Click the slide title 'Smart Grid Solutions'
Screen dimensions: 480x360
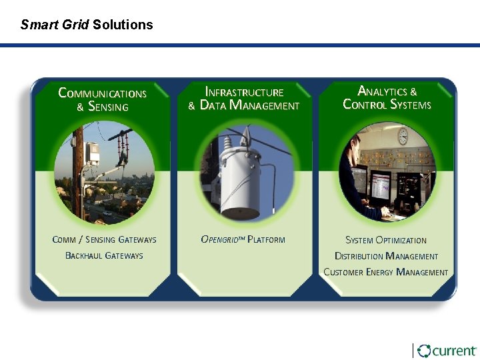pos(87,25)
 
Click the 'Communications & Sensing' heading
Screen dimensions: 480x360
pos(103,99)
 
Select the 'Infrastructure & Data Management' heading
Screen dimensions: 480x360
pos(244,99)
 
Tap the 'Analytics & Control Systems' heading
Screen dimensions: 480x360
pos(387,97)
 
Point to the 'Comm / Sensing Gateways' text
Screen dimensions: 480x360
pos(104,239)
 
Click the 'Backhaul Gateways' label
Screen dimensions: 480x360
pos(104,255)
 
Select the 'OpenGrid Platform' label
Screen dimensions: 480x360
pos(243,239)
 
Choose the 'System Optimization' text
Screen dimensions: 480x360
pos(386,240)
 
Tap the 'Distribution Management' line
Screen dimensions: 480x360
pos(386,256)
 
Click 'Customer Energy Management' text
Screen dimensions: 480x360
pos(386,272)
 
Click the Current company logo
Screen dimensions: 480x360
pos(446,351)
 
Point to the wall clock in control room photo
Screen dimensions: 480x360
pos(403,136)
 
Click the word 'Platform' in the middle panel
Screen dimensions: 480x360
pos(266,239)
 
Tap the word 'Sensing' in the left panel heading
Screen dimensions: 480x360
pos(108,106)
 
